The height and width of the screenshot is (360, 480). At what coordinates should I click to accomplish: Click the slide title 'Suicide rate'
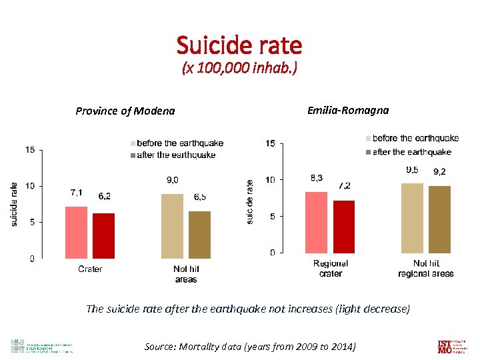tap(239, 45)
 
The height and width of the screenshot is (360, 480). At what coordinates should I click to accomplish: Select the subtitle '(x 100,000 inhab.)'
tap(239, 69)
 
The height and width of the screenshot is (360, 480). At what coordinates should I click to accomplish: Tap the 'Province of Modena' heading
tap(125, 111)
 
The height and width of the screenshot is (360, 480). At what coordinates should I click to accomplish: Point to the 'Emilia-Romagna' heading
tap(347, 110)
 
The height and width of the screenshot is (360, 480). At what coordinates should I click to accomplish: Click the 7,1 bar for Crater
tap(76, 232)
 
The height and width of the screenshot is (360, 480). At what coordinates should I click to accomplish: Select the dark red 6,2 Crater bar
tap(103, 235)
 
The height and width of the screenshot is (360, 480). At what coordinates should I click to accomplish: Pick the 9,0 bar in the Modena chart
tap(172, 225)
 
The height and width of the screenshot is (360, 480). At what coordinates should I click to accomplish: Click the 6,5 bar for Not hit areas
tap(199, 235)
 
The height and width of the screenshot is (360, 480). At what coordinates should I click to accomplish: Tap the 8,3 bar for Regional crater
tap(317, 222)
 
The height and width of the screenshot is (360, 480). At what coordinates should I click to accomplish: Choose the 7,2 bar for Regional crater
tap(344, 226)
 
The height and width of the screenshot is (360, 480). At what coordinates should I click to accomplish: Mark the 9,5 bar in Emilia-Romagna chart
tap(412, 217)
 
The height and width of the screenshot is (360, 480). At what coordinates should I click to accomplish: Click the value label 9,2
tap(440, 172)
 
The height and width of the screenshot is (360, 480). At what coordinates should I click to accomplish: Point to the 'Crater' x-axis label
tap(90, 269)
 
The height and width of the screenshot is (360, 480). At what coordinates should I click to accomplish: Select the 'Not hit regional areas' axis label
tap(426, 269)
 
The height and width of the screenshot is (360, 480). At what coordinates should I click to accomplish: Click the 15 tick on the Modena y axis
tap(31, 150)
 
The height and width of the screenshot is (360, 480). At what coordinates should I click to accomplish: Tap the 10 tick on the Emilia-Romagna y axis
tap(270, 180)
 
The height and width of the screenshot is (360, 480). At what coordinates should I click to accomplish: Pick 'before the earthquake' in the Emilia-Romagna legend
tap(415, 139)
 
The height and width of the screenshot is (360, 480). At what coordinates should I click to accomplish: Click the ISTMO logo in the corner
tap(447, 346)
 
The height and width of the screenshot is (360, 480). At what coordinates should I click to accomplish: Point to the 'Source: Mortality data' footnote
tap(250, 346)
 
